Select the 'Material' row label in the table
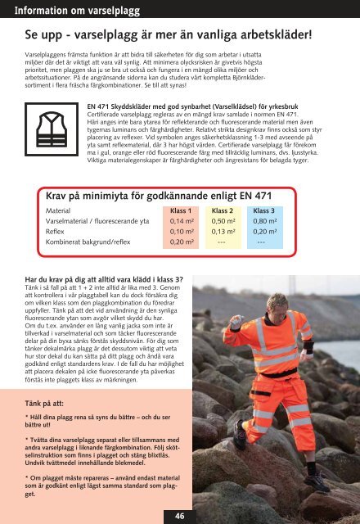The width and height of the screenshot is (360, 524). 57,210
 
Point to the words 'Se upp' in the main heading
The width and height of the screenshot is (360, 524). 45,38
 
